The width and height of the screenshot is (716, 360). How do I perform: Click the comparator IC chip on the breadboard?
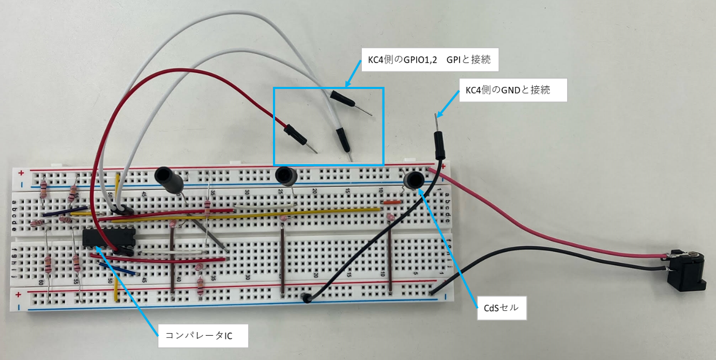(x=109, y=238)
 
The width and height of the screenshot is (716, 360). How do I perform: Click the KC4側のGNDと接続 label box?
(x=513, y=90)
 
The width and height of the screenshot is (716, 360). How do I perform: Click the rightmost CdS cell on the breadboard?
(x=414, y=180)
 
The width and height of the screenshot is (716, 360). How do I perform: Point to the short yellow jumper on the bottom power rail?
(x=116, y=293)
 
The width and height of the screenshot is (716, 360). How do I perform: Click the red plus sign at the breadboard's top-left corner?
(x=21, y=173)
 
